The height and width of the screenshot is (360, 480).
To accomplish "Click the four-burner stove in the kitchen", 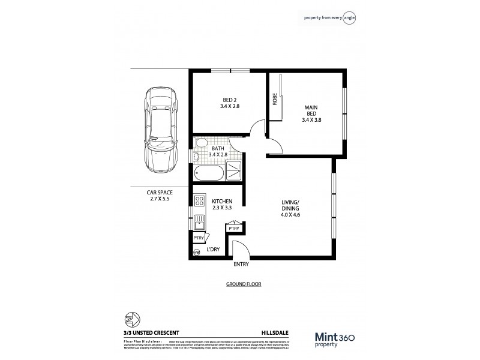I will [x=200, y=202].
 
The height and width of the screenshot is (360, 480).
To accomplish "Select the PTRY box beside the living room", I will [x=234, y=229].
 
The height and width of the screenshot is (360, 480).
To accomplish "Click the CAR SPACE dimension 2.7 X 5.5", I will [x=160, y=198].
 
